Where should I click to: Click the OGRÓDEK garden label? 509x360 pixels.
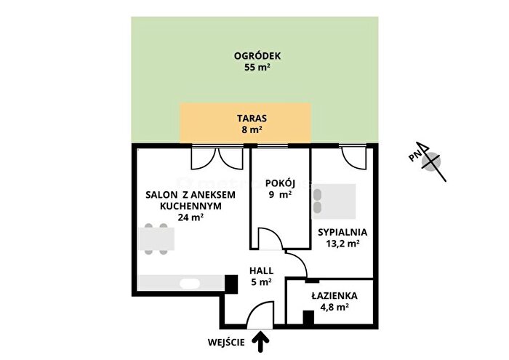tap(257, 56)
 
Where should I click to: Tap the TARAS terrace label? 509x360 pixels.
tap(252, 118)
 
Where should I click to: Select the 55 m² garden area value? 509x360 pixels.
tap(257, 68)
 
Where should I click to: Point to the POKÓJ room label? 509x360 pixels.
tap(280, 183)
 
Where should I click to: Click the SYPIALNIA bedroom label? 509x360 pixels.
tap(342, 232)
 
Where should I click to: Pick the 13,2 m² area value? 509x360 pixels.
tap(342, 244)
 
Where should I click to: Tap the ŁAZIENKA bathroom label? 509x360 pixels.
tap(334, 296)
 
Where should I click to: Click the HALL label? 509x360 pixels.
tap(261, 271)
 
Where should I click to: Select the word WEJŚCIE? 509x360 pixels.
tap(226, 342)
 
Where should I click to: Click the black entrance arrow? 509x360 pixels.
tap(260, 342)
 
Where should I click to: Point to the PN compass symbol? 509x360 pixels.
tap(428, 161)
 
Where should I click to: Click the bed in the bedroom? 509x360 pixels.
tap(333, 201)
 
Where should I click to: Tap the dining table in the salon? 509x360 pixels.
tap(156, 239)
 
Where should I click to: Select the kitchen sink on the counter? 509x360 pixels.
tap(190, 284)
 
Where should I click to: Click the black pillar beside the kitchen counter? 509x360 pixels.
tap(231, 284)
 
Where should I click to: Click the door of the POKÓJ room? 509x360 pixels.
tap(270, 239)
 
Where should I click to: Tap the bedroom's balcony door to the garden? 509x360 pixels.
tap(354, 157)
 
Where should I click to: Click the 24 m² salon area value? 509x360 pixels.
tap(191, 217)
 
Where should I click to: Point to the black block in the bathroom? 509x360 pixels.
tap(308, 318)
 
